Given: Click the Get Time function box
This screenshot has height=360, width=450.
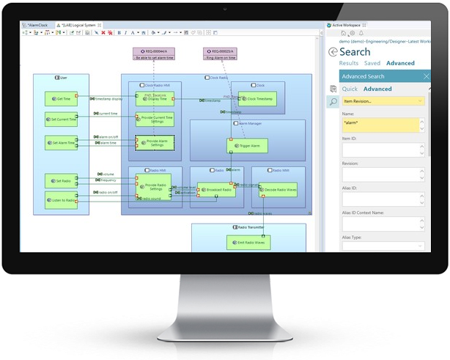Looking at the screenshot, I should click(61, 98).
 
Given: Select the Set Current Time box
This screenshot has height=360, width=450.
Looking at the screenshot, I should click(61, 120).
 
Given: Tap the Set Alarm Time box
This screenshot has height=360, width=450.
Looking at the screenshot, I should click(61, 144).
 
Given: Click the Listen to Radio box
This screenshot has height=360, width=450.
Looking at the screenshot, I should click(61, 200).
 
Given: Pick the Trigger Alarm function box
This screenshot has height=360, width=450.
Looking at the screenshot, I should click(247, 146).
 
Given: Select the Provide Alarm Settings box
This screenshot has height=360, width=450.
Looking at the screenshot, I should click(155, 144).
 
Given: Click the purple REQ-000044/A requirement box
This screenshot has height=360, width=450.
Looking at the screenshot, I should click(153, 54).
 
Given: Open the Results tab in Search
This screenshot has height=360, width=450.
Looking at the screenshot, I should click(348, 64).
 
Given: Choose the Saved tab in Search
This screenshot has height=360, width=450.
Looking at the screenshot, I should click(372, 64).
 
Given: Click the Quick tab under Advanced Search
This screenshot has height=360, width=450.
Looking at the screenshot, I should click(350, 89).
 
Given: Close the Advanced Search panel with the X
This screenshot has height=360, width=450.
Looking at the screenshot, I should click(427, 76).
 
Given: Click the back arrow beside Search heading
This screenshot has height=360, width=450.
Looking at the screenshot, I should click(333, 52).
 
